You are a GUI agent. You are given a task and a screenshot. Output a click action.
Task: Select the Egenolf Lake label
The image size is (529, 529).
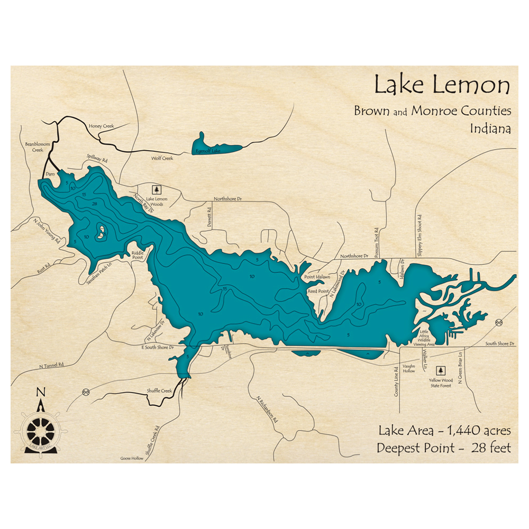208,151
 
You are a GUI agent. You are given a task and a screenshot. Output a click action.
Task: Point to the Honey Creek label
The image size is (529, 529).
102,126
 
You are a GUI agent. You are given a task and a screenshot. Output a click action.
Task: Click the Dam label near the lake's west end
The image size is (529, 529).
51,174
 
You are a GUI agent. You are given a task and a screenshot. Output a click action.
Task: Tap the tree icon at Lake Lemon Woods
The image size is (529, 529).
156,189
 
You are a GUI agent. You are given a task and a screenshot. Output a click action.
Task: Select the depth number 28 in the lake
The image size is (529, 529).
95,204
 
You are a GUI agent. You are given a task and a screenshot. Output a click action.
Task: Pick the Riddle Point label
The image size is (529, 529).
137,255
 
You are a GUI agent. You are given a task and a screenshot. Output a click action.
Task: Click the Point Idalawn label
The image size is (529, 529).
317,277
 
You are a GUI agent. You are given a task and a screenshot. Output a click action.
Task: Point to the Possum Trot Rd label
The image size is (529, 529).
377,241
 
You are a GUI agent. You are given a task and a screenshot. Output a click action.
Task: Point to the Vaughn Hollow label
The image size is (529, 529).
409,369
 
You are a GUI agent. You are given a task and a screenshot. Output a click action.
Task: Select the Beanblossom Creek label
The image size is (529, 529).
33,147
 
